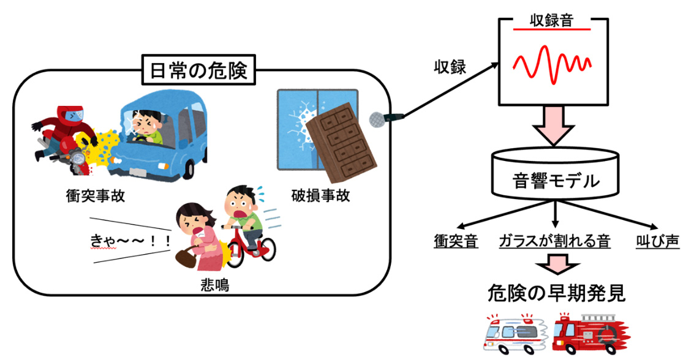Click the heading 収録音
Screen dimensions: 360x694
pyautogui.click(x=551, y=20)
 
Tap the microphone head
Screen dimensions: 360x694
pyautogui.click(x=375, y=119)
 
